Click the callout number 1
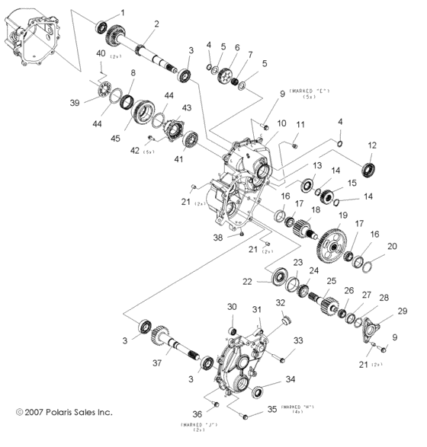tap(119, 14)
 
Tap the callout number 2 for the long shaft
tap(156, 24)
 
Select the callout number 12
tap(371, 145)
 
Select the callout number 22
tap(246, 282)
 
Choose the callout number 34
tap(290, 378)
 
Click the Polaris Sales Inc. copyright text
tap(64, 413)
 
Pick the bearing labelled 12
tap(369, 168)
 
